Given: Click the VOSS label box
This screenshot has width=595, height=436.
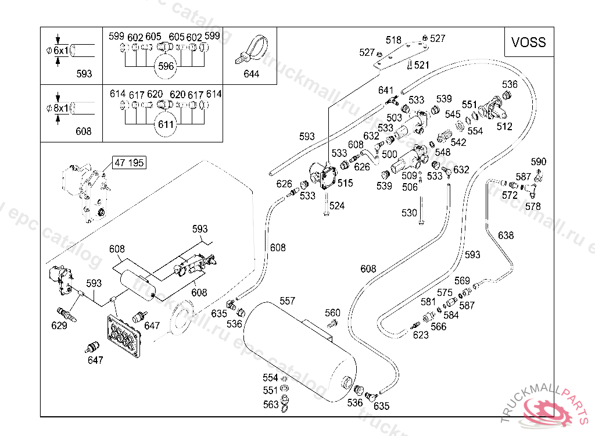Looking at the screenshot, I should pyautogui.click(x=528, y=42).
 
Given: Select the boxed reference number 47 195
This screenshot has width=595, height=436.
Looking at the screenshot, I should pyautogui.click(x=129, y=163).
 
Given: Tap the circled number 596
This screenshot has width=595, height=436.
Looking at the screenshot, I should pyautogui.click(x=166, y=66).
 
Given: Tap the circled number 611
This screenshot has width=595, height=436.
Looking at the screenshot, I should pyautogui.click(x=166, y=124).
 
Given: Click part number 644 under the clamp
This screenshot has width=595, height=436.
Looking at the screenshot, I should pyautogui.click(x=252, y=74).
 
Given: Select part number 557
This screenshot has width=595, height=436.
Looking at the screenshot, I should pyautogui.click(x=288, y=301).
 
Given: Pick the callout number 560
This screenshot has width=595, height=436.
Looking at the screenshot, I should pyautogui.click(x=332, y=313).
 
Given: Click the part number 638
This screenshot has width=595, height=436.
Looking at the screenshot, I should pyautogui.click(x=506, y=235).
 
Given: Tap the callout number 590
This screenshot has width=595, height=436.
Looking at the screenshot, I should pyautogui.click(x=539, y=161).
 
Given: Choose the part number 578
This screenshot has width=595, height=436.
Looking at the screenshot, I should pyautogui.click(x=532, y=206).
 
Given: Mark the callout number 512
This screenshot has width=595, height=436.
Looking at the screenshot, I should pyautogui.click(x=504, y=126).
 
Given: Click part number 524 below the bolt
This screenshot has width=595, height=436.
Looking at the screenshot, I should pyautogui.click(x=337, y=205).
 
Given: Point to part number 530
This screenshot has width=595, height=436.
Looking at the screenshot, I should pyautogui.click(x=409, y=213).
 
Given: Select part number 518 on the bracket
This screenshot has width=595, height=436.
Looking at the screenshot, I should pyautogui.click(x=393, y=40).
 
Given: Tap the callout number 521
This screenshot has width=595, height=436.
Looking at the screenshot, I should pyautogui.click(x=421, y=65).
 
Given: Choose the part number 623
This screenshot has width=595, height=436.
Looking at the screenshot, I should pyautogui.click(x=420, y=335).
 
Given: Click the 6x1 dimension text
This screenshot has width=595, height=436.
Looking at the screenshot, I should pyautogui.click(x=60, y=51).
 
